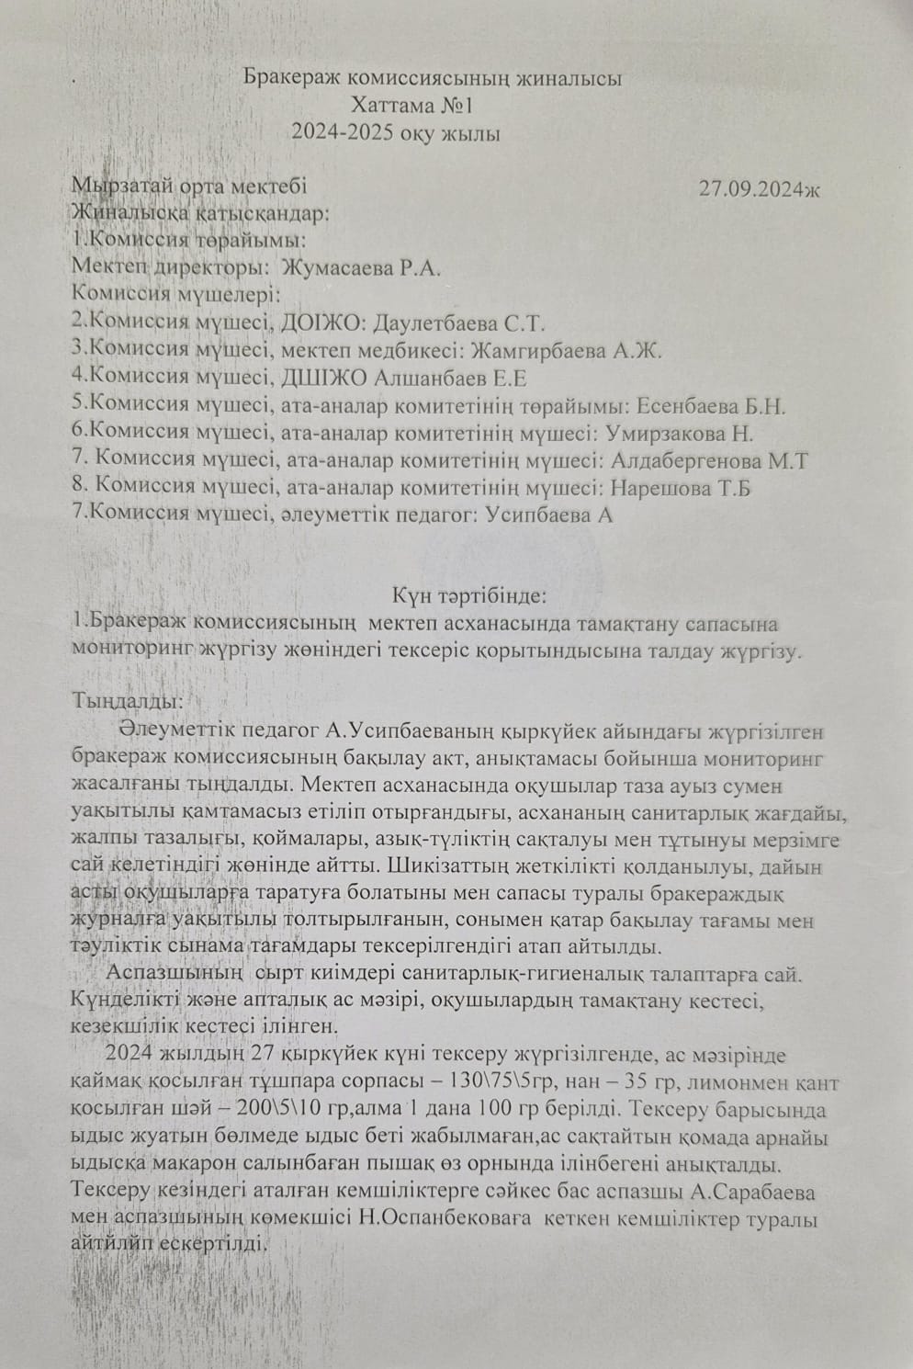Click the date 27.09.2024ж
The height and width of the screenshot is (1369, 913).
(759, 190)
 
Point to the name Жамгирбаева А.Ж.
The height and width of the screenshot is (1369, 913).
(566, 351)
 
